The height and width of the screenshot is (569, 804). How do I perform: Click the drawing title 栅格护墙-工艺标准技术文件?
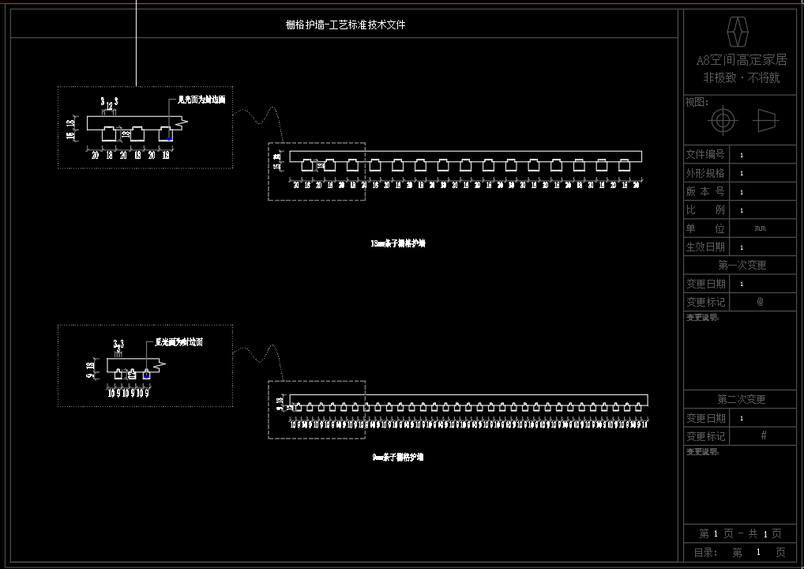point(345,24)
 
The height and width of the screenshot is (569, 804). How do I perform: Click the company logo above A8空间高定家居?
point(737,32)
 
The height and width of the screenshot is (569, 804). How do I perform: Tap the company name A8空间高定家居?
point(741,60)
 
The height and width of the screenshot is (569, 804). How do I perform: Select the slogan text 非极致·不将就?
point(741,77)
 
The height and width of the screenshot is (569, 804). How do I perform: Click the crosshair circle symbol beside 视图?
point(723,121)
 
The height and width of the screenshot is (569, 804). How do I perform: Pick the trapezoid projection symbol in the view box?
point(766,121)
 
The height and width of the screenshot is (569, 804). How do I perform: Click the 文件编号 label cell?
point(705,154)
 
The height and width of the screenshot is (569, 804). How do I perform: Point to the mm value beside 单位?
point(760,228)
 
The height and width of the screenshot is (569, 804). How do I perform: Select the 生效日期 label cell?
point(705,247)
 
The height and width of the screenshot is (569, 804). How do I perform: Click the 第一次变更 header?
point(741,266)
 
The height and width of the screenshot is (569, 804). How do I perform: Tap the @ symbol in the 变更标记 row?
point(761,302)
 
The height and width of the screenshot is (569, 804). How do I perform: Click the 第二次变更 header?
point(741,400)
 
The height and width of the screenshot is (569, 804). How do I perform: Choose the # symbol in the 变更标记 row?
point(764,435)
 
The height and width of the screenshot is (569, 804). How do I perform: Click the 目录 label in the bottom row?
point(705,552)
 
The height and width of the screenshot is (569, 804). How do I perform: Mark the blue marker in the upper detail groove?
point(169,139)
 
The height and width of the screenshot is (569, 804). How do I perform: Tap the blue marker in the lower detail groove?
point(146,375)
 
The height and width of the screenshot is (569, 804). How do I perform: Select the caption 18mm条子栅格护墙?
point(398,244)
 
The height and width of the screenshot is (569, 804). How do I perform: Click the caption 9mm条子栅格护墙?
point(398,458)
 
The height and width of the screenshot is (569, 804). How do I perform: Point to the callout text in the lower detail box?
point(179,342)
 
